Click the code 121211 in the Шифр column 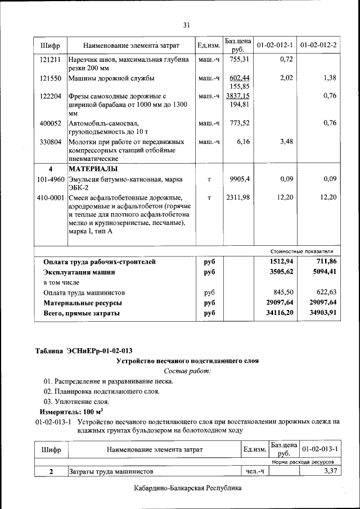51,58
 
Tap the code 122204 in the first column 51,96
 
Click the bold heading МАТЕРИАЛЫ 93,169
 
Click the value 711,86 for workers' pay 324,262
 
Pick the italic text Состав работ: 187,371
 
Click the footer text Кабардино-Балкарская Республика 188,489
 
